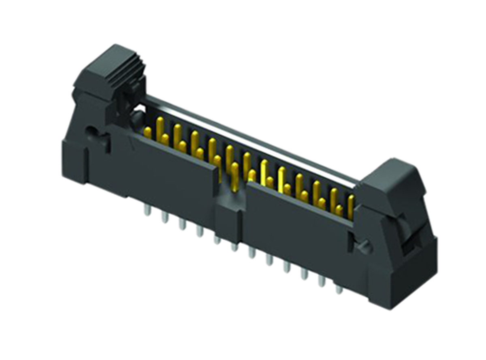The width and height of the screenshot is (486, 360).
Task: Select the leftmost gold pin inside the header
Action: [147, 132]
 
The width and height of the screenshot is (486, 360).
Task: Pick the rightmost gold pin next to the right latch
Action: [351, 204]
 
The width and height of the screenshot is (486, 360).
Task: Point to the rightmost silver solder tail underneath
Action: [339, 289]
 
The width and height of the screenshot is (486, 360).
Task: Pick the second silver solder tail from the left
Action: [164, 218]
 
